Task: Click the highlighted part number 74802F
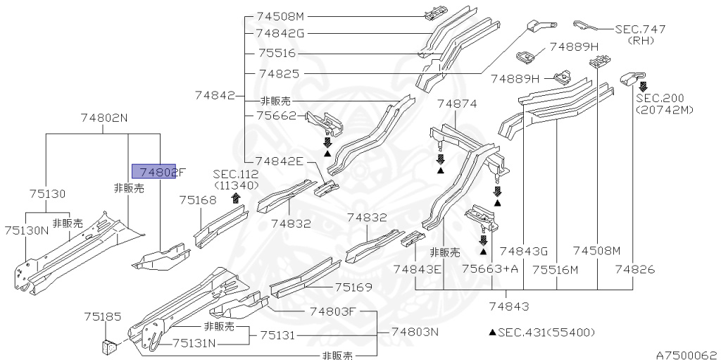tap(153, 170)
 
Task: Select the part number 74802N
tap(104, 118)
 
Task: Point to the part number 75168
tap(198, 200)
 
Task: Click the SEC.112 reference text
tap(236, 174)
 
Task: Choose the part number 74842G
tap(280, 32)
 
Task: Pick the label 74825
tap(279, 73)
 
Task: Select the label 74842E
tap(279, 161)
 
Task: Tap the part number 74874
tap(457, 104)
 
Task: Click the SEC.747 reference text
tap(640, 29)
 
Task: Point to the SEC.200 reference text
tap(660, 99)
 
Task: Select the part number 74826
tap(635, 268)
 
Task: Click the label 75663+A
tap(490, 268)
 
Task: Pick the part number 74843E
tap(417, 268)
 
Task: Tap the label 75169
tap(353, 287)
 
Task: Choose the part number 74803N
tap(415, 331)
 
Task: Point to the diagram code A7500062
tap(686, 354)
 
